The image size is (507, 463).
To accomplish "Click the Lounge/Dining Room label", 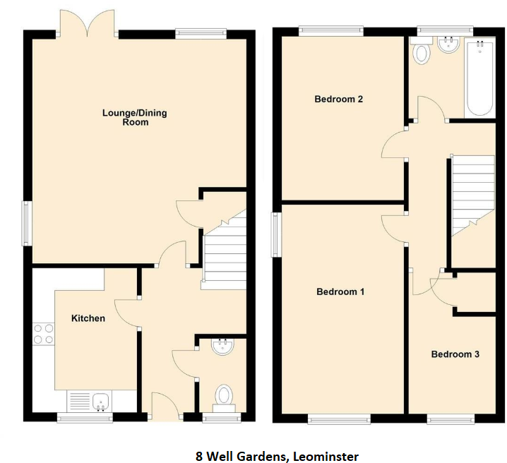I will [134, 117].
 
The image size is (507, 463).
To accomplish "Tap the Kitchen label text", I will [88, 318].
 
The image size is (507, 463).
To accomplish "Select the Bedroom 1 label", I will [340, 291].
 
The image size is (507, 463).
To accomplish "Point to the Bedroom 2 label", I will [338, 100].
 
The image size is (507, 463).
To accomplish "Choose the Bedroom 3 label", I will [455, 354].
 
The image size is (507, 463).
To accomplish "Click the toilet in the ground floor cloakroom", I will [224, 396].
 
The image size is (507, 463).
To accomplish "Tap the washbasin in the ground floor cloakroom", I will [222, 347].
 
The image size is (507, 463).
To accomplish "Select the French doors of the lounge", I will [88, 23].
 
